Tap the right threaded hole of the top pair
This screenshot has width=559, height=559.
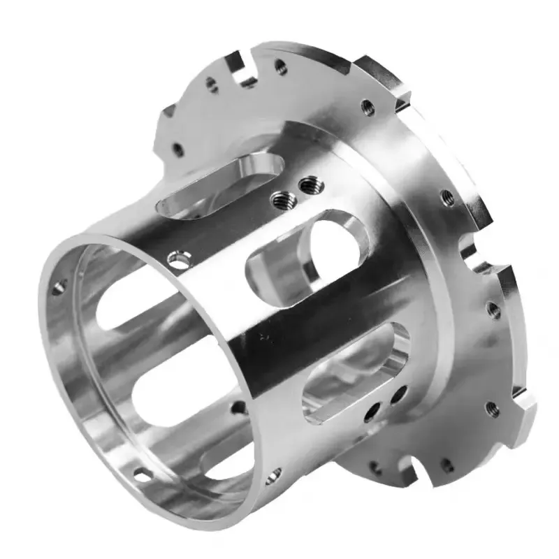[x=306, y=185]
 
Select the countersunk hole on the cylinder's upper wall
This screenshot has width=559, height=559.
[x=180, y=261]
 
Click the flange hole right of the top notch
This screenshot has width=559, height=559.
[x=281, y=67]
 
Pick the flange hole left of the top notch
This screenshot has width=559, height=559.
[x=212, y=85]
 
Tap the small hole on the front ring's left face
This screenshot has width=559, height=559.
[x=59, y=286]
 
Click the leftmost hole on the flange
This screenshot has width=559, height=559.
[x=177, y=149]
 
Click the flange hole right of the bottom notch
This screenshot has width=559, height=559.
[x=445, y=463]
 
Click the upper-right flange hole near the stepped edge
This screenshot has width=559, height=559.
[x=366, y=107]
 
